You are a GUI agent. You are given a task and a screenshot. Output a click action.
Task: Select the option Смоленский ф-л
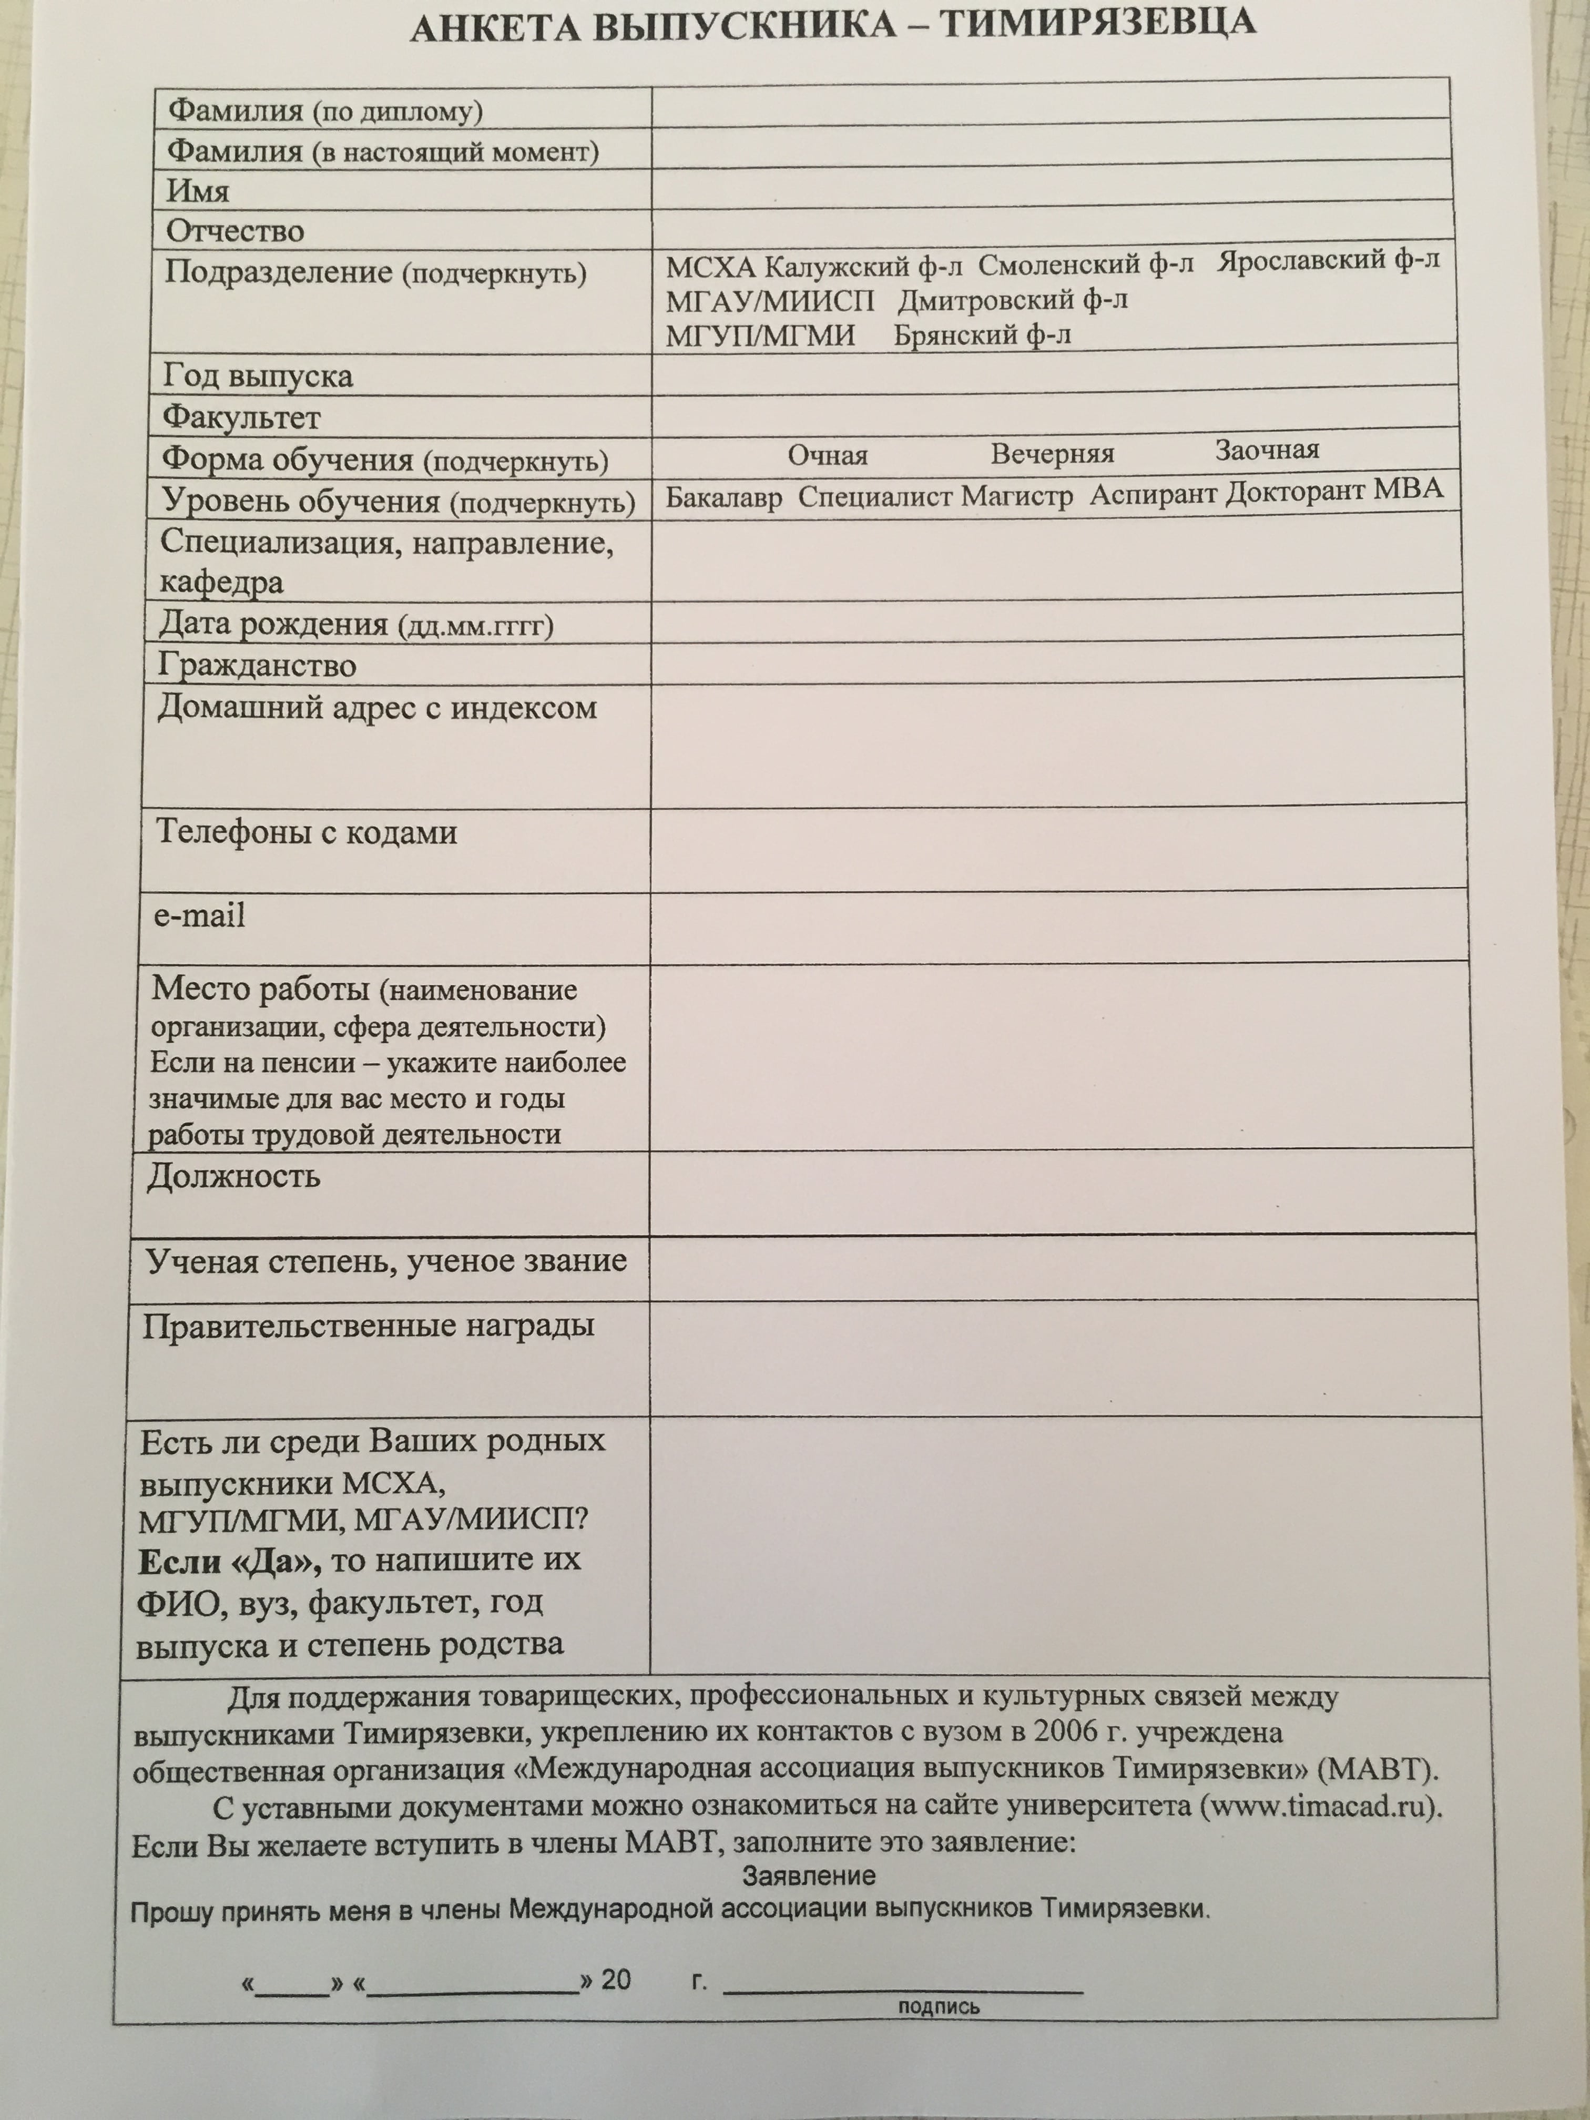(x=1086, y=263)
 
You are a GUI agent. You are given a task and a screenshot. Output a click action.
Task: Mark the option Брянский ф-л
(x=982, y=335)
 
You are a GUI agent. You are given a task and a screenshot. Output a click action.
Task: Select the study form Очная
(x=827, y=455)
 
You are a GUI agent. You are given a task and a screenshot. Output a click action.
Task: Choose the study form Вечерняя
(x=1052, y=453)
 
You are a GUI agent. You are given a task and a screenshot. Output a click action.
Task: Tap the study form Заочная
(x=1267, y=451)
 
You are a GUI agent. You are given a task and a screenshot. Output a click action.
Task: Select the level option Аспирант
(x=1153, y=495)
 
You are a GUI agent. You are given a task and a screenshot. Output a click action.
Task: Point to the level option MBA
(x=1408, y=490)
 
